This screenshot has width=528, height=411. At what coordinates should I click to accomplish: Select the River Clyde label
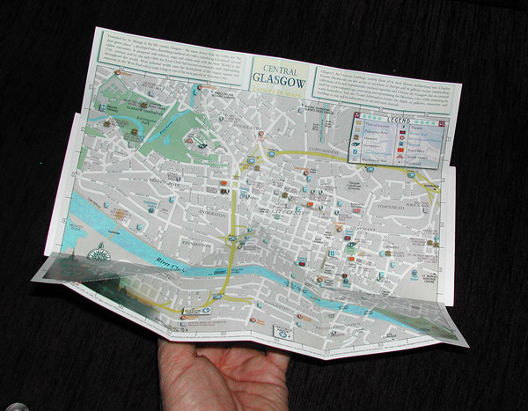pos(167,259)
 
